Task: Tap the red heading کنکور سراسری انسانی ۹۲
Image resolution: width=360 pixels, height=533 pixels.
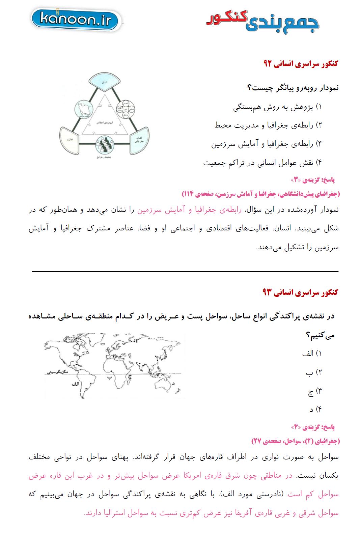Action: tap(301, 64)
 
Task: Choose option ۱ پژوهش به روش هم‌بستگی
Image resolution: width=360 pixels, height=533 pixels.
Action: tap(278, 108)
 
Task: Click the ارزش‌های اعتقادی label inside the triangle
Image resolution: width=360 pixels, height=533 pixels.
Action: tap(101, 121)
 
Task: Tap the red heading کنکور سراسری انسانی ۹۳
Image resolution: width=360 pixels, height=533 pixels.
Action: tap(300, 292)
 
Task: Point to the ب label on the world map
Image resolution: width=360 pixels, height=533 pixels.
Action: tap(109, 377)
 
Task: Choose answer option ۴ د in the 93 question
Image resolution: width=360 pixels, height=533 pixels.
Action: tap(315, 410)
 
